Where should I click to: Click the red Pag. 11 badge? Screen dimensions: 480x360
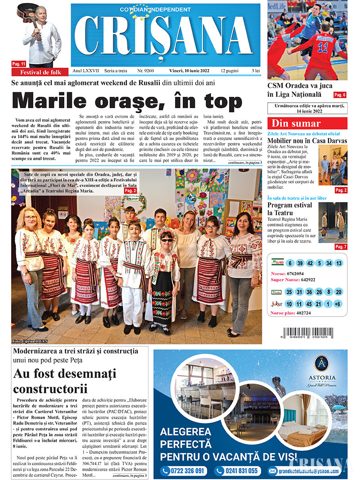(19, 64)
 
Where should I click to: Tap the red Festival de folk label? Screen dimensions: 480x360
(40, 72)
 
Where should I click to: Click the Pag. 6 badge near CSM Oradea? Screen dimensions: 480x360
(340, 95)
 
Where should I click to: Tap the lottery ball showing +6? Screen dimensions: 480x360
(338, 304)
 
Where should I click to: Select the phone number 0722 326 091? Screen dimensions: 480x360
(184, 471)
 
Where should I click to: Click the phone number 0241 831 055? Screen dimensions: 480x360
(237, 471)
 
